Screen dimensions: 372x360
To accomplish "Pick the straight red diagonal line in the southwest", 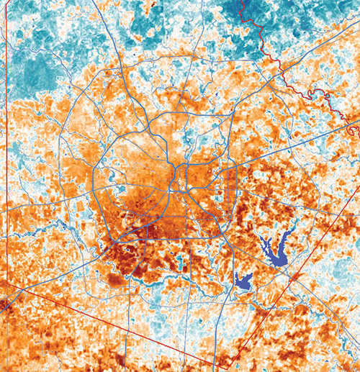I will tap(108, 324).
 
